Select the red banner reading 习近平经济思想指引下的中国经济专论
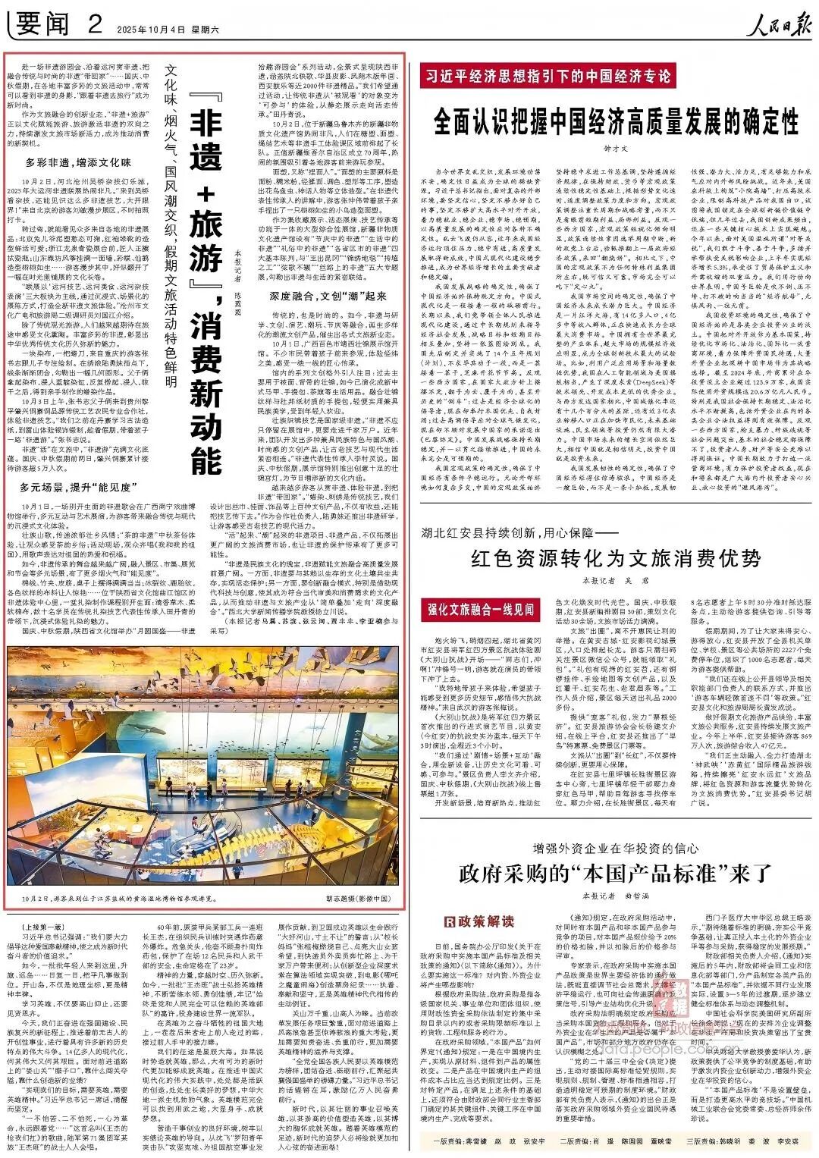coord(547,77)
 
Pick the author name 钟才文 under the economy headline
coord(615,149)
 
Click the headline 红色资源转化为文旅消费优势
coord(615,559)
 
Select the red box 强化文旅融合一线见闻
coord(481,609)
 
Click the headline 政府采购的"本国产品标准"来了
coord(615,874)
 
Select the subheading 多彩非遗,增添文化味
coord(78,162)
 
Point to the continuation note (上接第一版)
coord(35,927)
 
